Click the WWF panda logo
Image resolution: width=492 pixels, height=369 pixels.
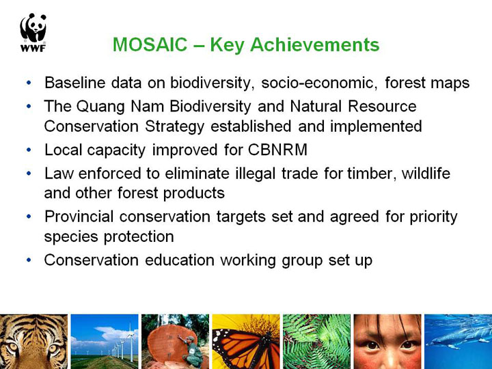click(x=33, y=32)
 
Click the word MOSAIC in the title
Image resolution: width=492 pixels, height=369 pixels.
click(x=150, y=44)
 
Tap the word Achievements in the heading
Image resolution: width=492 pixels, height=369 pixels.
click(x=315, y=44)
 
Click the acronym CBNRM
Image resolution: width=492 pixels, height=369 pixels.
click(x=277, y=150)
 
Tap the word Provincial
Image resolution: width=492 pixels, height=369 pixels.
click(x=79, y=217)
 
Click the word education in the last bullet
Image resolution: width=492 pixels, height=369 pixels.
click(x=179, y=260)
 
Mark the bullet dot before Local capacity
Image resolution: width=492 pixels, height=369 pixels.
click(x=29, y=150)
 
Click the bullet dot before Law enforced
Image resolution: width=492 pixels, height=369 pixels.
click(x=29, y=174)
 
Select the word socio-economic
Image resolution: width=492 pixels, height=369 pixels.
click(x=319, y=83)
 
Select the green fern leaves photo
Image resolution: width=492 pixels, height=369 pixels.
click(x=316, y=342)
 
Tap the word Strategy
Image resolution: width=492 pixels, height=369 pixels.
click(x=174, y=127)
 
